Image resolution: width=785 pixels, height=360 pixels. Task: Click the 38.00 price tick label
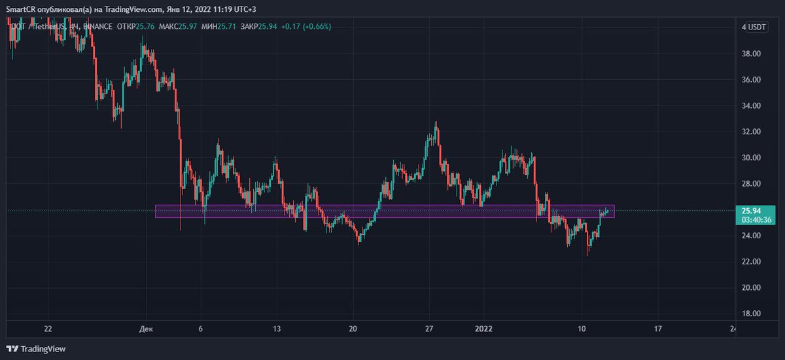(x=750, y=54)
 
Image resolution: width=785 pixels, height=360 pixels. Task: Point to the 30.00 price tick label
(x=750, y=158)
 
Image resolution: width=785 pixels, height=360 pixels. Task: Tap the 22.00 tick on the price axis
(x=750, y=262)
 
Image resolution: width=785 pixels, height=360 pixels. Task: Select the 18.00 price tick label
(x=750, y=314)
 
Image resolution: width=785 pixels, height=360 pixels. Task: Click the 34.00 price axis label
(x=750, y=105)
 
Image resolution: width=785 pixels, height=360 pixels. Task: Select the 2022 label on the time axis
(x=485, y=329)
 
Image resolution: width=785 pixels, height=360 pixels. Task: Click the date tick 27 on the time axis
(x=429, y=329)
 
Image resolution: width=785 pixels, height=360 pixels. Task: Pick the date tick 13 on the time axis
(x=277, y=329)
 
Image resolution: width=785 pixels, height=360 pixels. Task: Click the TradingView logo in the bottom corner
(x=37, y=349)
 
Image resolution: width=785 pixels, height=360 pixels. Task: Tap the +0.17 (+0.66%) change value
(x=304, y=27)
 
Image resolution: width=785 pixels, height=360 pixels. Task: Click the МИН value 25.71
(x=230, y=27)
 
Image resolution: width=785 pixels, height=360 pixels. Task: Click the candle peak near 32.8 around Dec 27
(x=436, y=123)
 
